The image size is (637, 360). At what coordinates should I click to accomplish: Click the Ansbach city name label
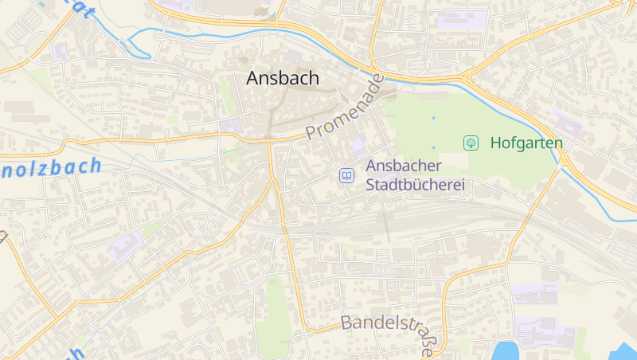(283, 78)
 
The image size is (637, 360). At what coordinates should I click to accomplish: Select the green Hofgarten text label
(526, 143)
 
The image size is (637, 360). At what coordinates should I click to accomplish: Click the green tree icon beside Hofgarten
(471, 143)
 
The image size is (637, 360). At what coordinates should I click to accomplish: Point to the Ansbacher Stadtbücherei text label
(414, 176)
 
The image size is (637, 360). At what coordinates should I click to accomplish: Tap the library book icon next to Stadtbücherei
(346, 175)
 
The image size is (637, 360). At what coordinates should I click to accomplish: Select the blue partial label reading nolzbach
(52, 168)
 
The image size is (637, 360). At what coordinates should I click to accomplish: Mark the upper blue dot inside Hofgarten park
(434, 118)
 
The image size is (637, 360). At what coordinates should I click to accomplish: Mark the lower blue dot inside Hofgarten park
(433, 147)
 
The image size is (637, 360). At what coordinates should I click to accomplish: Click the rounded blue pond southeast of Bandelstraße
(505, 350)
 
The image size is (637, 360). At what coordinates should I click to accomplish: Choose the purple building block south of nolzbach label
(126, 246)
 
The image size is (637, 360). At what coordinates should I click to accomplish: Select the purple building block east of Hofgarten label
(567, 123)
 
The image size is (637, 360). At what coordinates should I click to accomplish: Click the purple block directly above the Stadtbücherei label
(358, 146)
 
